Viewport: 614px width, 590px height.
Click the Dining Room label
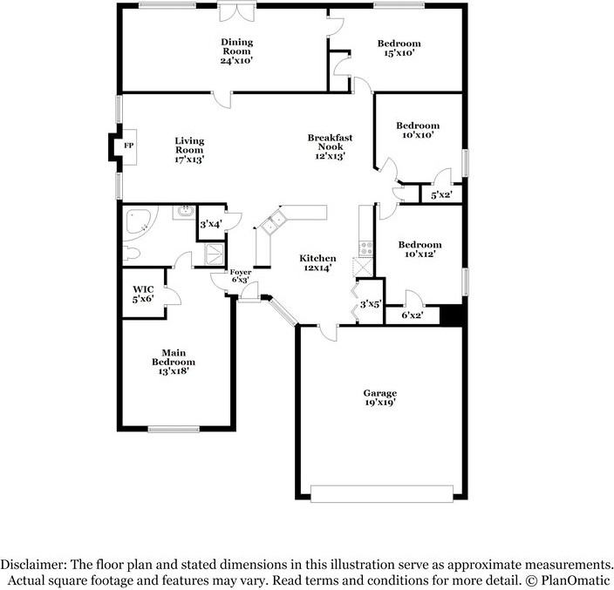tap(236, 51)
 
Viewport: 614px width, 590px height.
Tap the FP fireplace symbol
tap(128, 146)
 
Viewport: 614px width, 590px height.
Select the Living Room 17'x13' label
tap(189, 150)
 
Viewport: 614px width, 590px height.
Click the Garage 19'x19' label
tap(381, 397)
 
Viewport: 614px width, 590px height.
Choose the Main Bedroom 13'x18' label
tap(174, 361)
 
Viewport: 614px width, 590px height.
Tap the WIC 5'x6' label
tap(143, 294)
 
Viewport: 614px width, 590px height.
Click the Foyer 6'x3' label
tap(241, 277)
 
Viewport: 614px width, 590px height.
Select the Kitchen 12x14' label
tap(317, 264)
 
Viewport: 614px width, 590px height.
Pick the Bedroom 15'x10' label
tap(399, 48)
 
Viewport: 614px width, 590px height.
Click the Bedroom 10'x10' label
tap(417, 130)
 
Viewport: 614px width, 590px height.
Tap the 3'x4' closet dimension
tap(210, 225)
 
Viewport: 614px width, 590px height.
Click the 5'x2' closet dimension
tap(441, 194)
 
